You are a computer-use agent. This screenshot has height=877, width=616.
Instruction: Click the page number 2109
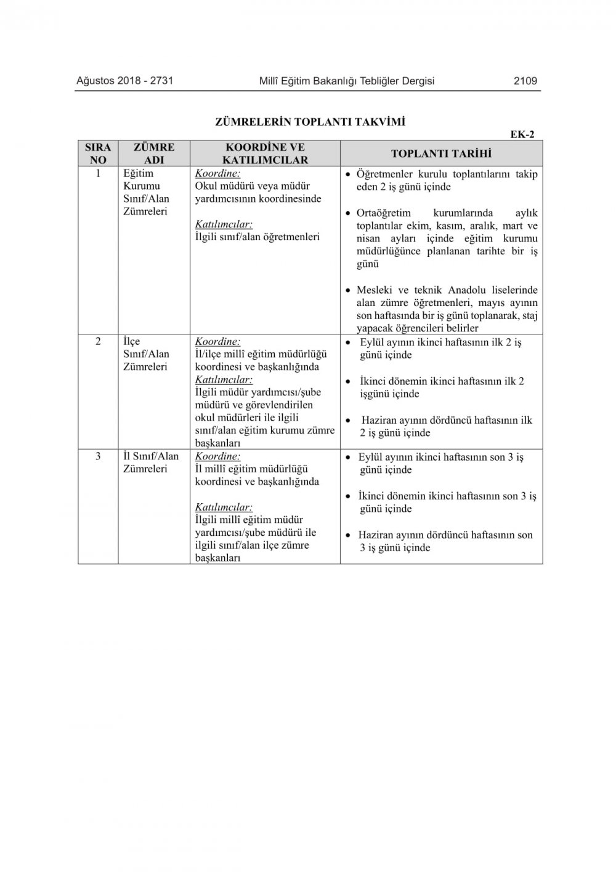[x=525, y=81]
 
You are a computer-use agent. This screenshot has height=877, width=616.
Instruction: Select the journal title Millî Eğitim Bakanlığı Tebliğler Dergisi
[x=347, y=81]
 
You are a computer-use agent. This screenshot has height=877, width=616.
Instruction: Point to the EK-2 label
[x=522, y=135]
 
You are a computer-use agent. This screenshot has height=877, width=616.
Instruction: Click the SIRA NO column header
[x=98, y=153]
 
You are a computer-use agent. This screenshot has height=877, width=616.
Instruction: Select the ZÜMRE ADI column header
[x=154, y=153]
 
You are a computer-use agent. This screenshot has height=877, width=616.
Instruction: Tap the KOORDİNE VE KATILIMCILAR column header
[x=265, y=153]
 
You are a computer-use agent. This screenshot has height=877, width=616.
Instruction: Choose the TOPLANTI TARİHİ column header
[x=441, y=153]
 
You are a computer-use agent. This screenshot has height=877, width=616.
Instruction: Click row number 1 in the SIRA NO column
[x=98, y=174]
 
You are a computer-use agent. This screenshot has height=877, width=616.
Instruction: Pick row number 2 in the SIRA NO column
[x=98, y=341]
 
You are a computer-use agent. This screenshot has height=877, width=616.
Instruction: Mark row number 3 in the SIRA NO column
[x=98, y=456]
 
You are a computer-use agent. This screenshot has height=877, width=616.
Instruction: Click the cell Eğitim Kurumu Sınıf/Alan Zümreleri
[x=146, y=192]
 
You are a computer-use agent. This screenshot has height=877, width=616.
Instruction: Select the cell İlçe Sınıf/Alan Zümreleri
[x=146, y=354]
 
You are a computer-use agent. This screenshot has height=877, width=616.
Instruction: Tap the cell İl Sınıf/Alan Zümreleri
[x=151, y=463]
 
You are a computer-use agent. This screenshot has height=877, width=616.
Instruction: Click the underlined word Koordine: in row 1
[x=217, y=174]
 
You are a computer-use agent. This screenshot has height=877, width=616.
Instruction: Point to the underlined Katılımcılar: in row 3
[x=224, y=507]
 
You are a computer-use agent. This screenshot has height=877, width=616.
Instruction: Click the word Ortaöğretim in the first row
[x=383, y=213]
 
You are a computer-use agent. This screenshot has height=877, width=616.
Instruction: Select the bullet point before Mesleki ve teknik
[x=349, y=290]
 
